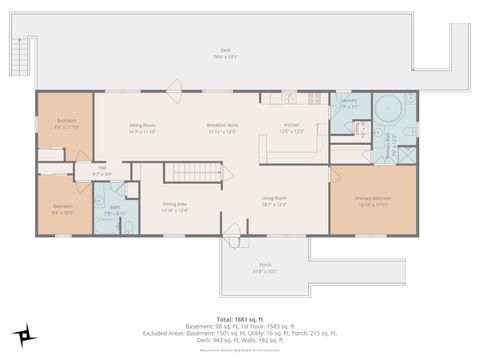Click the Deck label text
[224, 51]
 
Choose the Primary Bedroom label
[373, 199]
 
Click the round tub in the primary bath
[385, 107]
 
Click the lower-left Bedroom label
[62, 208]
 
